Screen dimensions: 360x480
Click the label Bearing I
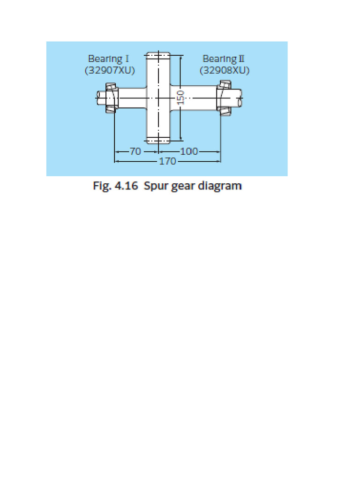[x=108, y=59]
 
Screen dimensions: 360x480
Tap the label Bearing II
[x=224, y=59]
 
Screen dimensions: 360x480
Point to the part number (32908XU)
[x=224, y=70]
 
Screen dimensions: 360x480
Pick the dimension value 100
[x=189, y=151]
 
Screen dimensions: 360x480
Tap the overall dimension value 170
[x=167, y=161]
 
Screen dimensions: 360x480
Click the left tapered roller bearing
[x=111, y=97]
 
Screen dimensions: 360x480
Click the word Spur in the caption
[x=155, y=186]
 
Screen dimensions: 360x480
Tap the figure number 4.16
[x=124, y=186]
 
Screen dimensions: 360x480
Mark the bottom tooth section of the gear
[x=157, y=140]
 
